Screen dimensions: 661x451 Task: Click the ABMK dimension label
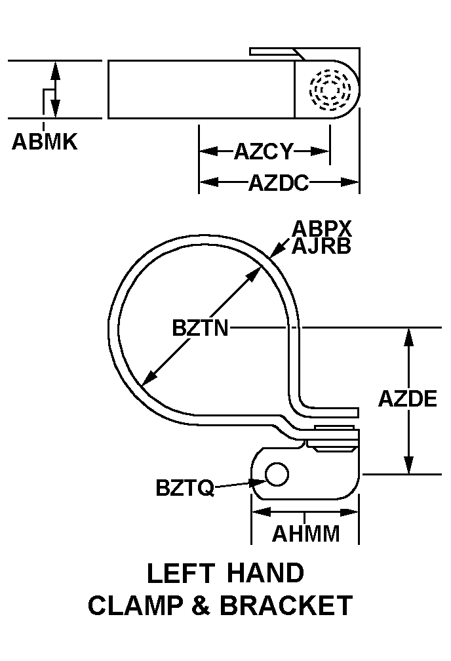tap(45, 142)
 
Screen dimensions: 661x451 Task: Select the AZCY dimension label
tap(264, 152)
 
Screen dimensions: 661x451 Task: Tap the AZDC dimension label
tap(278, 182)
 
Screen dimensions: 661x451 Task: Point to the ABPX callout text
tap(322, 229)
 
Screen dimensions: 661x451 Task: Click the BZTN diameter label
tap(201, 327)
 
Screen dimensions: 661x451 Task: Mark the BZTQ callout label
tap(185, 488)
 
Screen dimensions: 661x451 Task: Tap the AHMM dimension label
tap(306, 534)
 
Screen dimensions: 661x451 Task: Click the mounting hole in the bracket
tap(277, 474)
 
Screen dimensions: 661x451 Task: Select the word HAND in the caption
tap(265, 574)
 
